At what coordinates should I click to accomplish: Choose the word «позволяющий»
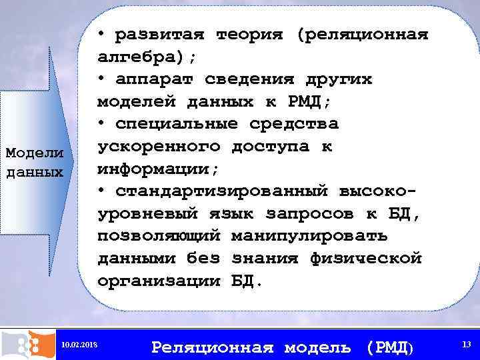[159, 236]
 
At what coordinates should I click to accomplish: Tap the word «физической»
[366, 259]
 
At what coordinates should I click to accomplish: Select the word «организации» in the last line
[159, 281]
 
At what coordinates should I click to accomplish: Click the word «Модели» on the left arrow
[34, 153]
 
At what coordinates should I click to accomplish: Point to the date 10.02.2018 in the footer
[79, 345]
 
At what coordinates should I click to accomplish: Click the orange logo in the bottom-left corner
[28, 344]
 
